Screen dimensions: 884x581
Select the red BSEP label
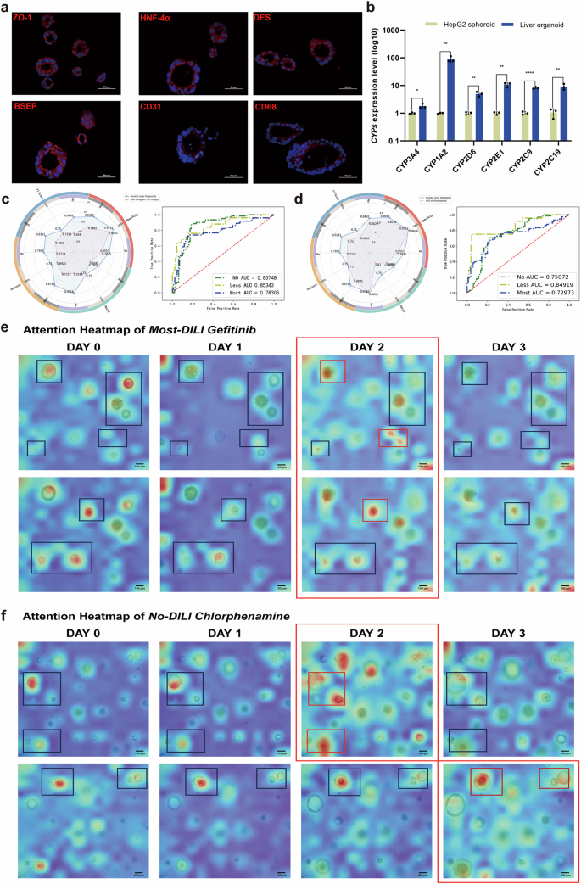pyautogui.click(x=25, y=106)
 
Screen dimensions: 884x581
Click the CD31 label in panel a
pyautogui.click(x=153, y=106)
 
